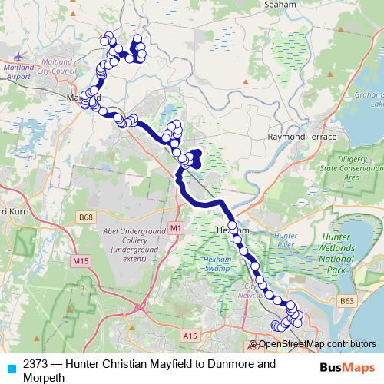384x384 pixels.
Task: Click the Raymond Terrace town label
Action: (x=302, y=136)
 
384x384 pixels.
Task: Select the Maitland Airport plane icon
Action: (x=19, y=56)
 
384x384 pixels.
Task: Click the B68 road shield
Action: (x=86, y=218)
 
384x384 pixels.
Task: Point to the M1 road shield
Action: (x=177, y=228)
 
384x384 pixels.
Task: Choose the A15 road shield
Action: (x=190, y=335)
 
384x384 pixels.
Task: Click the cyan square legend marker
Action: (x=10, y=368)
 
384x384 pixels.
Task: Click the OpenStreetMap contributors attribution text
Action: (x=311, y=345)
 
